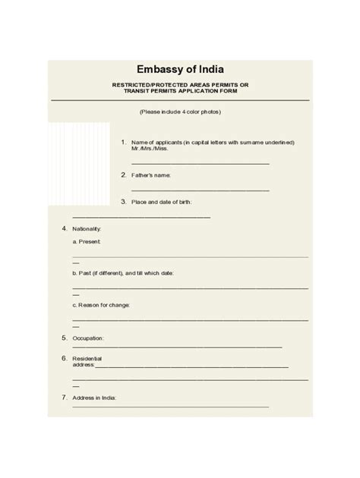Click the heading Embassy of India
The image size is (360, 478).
pos(180,70)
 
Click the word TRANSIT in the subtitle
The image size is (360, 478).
pos(144,92)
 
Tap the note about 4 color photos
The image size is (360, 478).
pos(180,112)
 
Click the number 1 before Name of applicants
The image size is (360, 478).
pos(123,142)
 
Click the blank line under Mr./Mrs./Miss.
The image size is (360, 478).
pos(200,163)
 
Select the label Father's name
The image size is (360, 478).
pos(151,175)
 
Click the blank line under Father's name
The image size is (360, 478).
pos(200,189)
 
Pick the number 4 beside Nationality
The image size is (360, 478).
pos(64,228)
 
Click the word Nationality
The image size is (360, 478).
pos(87,228)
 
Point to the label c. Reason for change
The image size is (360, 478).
pos(102,305)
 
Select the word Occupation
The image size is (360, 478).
pos(88,338)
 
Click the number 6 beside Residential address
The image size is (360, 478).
pos(64,357)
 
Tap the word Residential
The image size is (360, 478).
pos(87,357)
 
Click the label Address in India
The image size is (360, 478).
pos(94,398)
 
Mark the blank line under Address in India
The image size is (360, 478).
pos(171,407)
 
